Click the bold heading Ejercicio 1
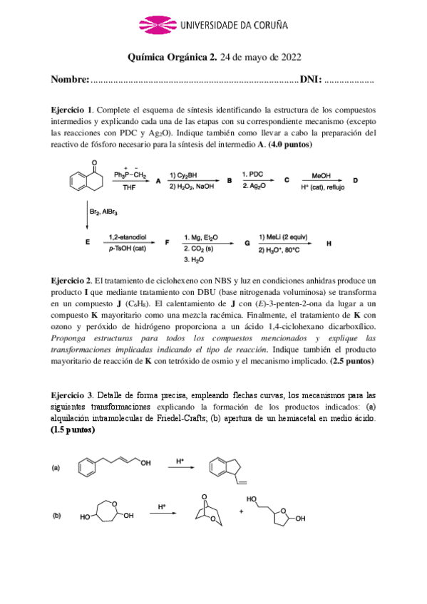pos(72,110)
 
